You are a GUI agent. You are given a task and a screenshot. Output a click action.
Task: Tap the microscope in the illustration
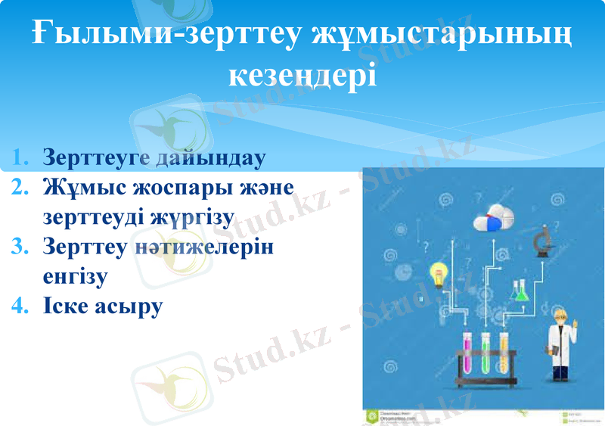click(x=541, y=243)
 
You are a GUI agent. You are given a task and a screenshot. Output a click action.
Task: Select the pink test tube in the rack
click(x=466, y=353)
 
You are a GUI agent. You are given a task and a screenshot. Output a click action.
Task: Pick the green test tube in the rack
click(x=484, y=353)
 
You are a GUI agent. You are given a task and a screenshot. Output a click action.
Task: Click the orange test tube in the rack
click(x=503, y=353)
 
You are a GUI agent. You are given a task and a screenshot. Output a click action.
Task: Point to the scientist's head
click(x=560, y=318)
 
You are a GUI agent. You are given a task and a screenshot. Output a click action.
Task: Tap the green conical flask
click(x=520, y=291)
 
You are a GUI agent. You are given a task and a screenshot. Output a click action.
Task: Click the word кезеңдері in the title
click(x=302, y=76)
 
